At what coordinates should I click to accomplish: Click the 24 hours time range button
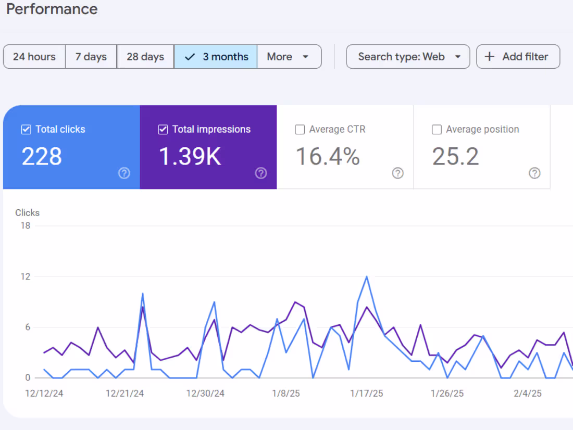coord(34,57)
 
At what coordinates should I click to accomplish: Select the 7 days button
coord(91,57)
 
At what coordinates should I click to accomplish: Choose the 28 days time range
coord(145,57)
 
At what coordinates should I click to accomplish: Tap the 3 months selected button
coord(216,57)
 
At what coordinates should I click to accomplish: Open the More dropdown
coord(289,57)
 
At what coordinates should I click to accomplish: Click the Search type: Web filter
coord(408,57)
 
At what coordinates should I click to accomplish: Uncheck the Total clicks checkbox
coord(26,130)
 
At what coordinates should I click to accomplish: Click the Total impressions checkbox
coord(163,130)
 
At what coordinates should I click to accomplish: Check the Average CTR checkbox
coord(300,130)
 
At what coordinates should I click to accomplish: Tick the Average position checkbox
coord(437,130)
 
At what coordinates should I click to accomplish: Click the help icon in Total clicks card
coord(124,173)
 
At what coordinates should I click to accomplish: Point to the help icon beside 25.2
coord(534,173)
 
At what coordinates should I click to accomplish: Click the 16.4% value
coord(328,157)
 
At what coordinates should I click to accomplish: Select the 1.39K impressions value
coord(190,157)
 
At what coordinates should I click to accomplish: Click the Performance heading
coord(52,9)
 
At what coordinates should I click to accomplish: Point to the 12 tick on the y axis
coord(25,277)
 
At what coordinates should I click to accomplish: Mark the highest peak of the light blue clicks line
coord(367,276)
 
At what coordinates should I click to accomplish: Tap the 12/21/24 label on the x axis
coord(125,394)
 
